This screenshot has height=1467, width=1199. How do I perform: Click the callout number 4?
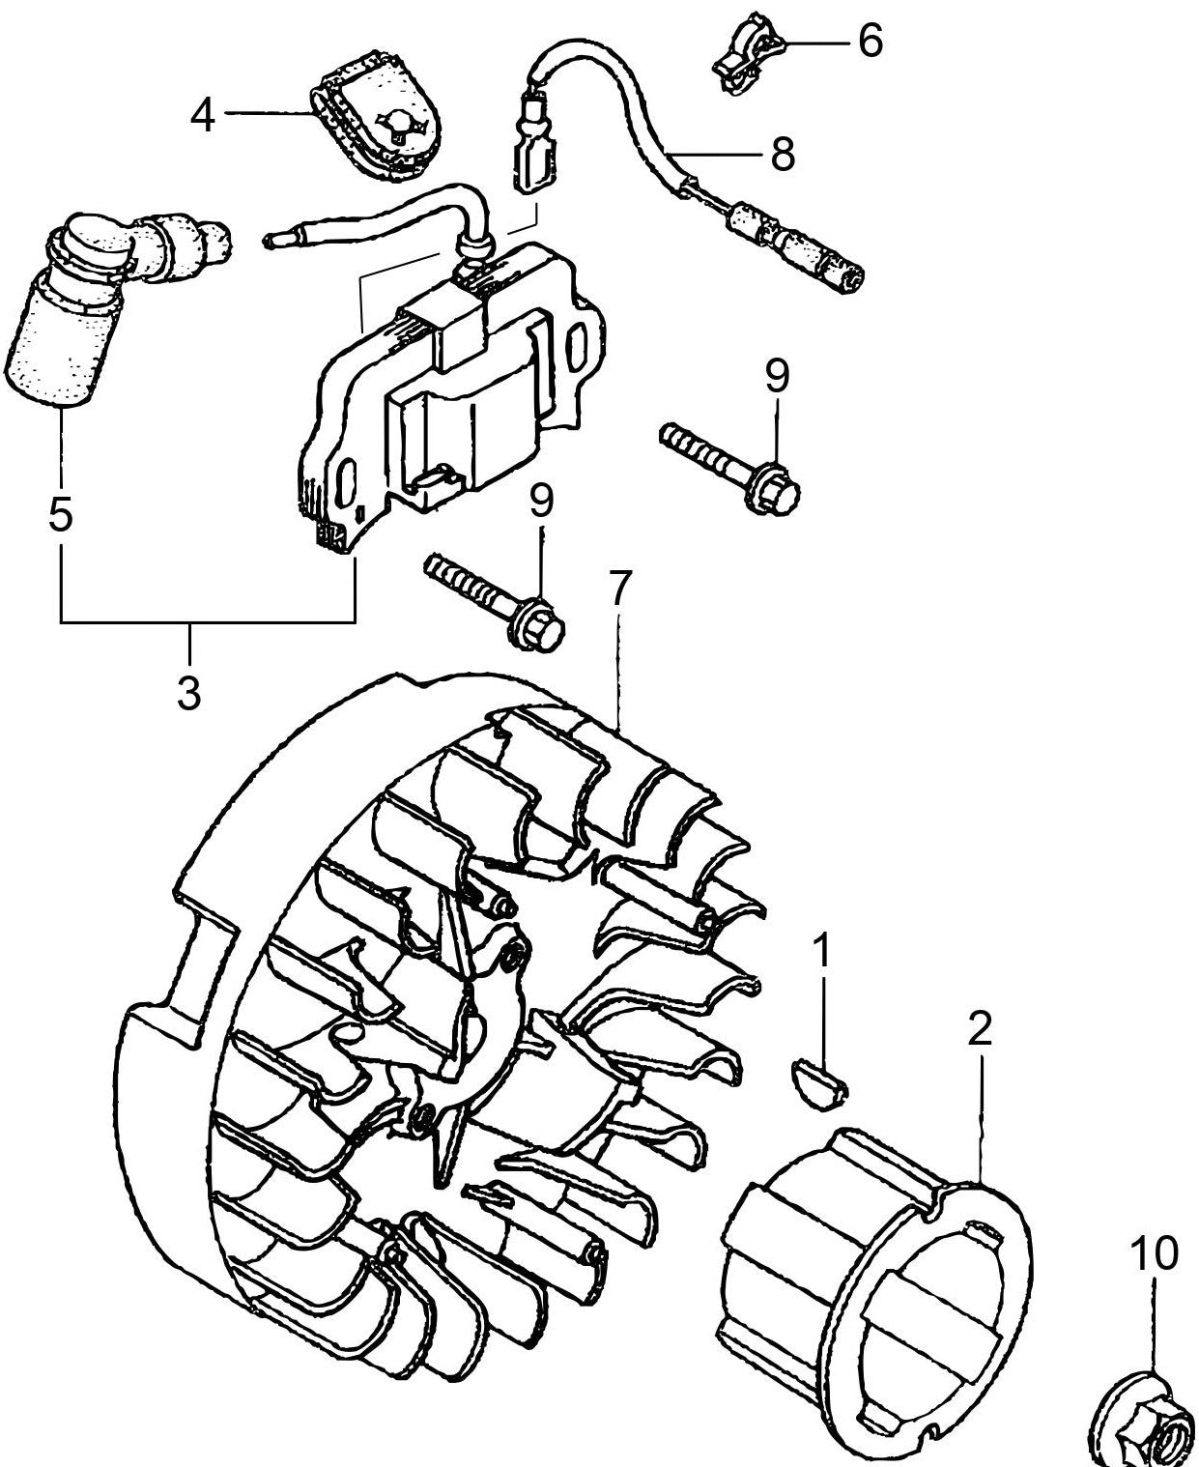[202, 117]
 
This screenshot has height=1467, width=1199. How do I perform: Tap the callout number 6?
[870, 42]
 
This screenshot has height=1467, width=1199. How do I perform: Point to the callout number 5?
[60, 515]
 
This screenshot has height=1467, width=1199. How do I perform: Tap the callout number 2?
[979, 1030]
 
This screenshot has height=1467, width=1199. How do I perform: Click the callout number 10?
[1156, 1253]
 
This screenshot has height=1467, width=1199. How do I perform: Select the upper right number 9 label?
[778, 375]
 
